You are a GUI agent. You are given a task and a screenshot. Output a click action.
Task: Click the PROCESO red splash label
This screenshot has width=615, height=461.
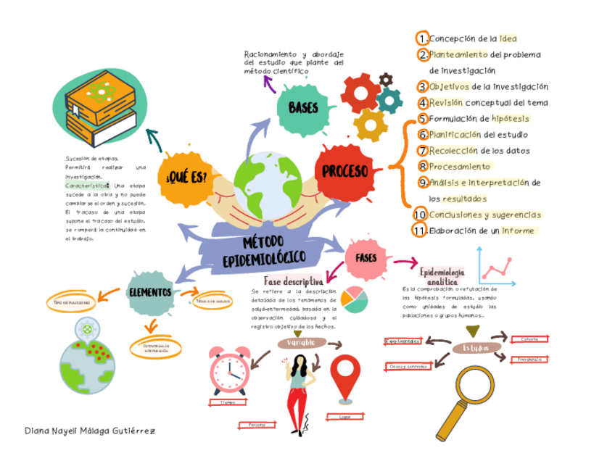[345, 171]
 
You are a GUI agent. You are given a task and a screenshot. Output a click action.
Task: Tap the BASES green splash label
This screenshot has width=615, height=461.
[303, 109]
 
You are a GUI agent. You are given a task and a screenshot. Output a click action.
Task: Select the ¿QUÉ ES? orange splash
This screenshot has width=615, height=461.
[186, 176]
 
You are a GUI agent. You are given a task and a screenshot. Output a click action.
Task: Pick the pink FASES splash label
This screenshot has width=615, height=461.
[366, 257]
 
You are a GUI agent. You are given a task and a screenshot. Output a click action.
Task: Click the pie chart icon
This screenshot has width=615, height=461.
[355, 299]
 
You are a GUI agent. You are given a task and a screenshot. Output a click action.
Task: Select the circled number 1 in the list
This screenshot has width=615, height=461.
[421, 38]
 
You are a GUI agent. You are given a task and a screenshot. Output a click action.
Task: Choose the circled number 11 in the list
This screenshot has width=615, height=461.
[418, 231]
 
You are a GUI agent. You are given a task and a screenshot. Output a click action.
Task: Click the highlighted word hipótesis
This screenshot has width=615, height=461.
[511, 118]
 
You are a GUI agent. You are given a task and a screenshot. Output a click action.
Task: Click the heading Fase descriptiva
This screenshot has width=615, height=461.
[294, 281]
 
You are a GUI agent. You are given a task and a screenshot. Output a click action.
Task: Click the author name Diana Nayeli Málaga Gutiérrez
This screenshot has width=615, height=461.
[89, 431]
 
